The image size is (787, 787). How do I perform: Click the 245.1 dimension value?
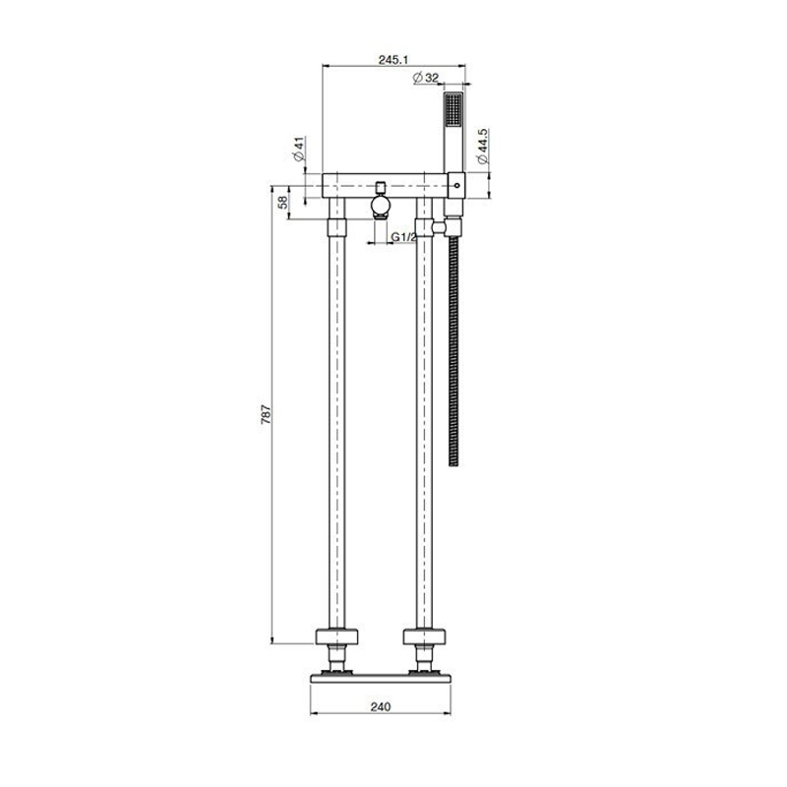(x=393, y=60)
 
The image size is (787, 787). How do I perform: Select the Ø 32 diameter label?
(x=425, y=78)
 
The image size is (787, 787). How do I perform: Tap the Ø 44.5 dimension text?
(x=483, y=146)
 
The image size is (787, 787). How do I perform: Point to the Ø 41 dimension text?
(x=300, y=150)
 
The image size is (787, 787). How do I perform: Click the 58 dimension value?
(x=283, y=203)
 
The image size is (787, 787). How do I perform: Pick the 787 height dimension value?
(x=266, y=414)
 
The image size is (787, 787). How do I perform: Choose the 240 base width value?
(x=381, y=707)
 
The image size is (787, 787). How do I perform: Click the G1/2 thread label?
(x=404, y=237)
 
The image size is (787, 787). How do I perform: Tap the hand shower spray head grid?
(x=454, y=110)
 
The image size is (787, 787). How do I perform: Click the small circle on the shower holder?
(x=456, y=186)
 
